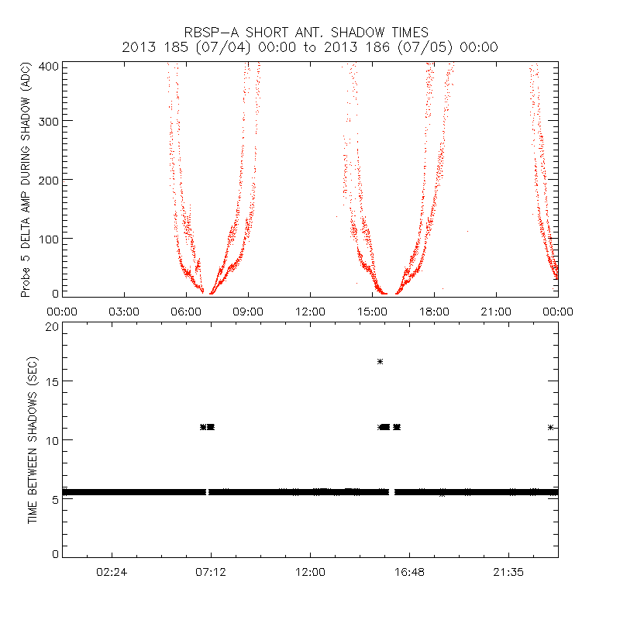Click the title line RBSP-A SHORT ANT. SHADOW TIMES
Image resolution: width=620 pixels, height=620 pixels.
click(x=310, y=32)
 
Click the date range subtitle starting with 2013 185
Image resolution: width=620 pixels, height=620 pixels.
click(x=310, y=47)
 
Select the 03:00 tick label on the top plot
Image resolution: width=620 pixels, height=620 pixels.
click(x=124, y=312)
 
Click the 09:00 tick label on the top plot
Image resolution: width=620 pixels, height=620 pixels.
click(x=248, y=312)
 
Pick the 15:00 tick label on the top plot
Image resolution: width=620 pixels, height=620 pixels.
click(x=372, y=312)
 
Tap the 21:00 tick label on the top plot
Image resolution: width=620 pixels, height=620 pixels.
click(x=496, y=312)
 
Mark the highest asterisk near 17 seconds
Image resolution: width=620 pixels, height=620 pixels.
click(x=381, y=361)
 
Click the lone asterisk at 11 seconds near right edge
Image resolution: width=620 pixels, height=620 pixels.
click(x=550, y=427)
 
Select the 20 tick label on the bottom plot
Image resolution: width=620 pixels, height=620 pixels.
click(x=51, y=326)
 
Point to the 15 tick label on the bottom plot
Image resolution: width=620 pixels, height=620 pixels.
click(x=51, y=382)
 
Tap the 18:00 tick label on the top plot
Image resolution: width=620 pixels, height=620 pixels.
click(x=434, y=312)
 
